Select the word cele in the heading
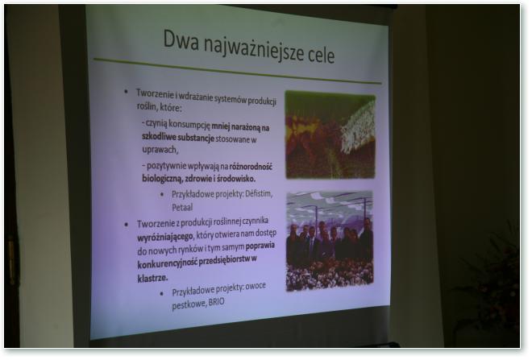point(322,55)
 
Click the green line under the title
point(238,71)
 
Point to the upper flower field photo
point(330,135)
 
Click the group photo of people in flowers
point(330,240)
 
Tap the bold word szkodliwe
point(159,137)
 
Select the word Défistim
point(259,194)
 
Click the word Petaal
point(182,207)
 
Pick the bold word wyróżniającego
point(165,237)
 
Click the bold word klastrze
point(152,279)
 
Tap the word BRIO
point(217,302)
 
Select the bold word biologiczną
point(162,178)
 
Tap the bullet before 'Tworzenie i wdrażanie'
point(126,91)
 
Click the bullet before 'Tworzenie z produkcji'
point(127,224)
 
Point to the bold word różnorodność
point(251,167)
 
